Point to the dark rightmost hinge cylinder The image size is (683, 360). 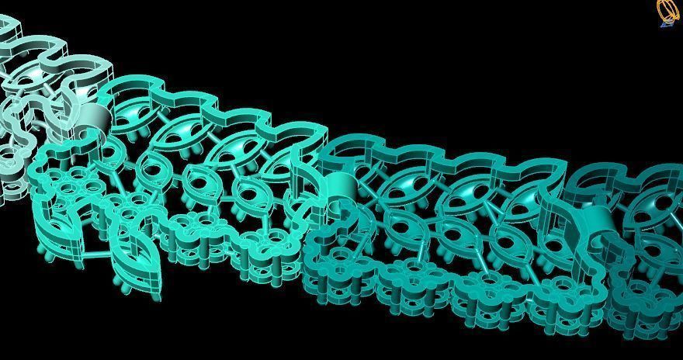coord(599,220)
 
